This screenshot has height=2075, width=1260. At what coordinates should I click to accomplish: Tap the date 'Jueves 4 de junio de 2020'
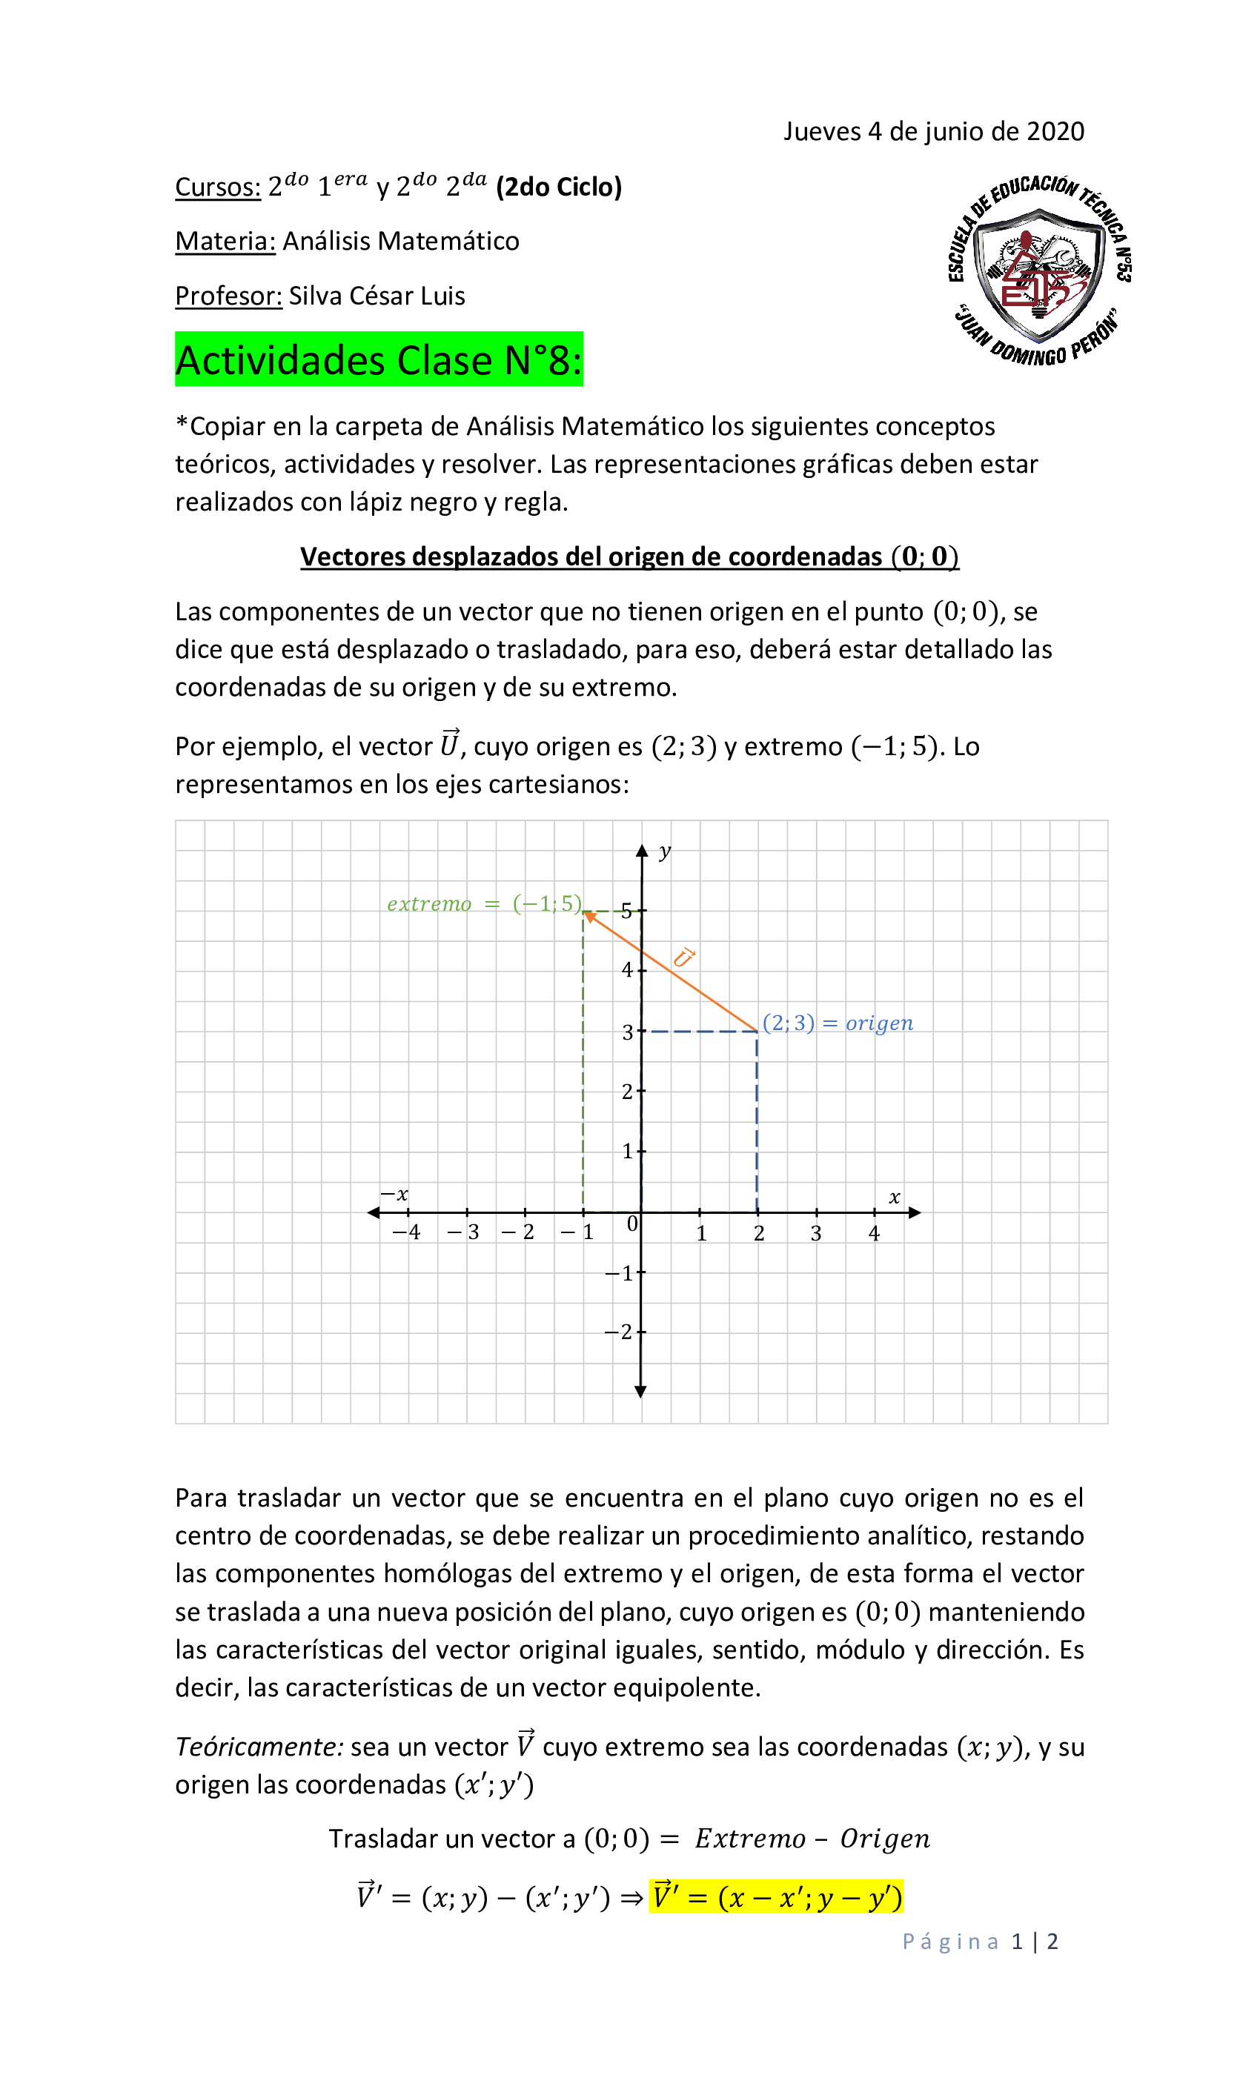point(933,131)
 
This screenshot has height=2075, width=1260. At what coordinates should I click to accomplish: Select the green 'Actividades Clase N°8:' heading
point(378,359)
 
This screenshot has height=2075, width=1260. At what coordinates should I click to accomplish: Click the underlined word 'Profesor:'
point(228,296)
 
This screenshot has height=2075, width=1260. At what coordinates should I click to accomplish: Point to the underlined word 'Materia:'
point(225,241)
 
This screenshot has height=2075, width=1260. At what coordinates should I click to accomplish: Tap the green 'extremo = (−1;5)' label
point(483,903)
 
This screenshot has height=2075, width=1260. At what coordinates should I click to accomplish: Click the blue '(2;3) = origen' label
point(838,1023)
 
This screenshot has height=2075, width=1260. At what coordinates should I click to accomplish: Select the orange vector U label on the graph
point(683,957)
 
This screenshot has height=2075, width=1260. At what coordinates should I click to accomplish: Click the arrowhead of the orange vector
point(589,915)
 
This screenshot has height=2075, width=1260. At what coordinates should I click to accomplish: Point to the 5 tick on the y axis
point(626,910)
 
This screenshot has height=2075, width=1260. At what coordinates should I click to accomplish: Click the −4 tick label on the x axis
point(406,1232)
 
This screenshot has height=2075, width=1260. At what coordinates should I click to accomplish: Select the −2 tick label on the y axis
point(619,1332)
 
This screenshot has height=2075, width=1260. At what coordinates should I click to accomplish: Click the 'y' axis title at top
point(665,851)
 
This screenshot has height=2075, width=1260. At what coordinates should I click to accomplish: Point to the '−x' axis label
point(394,1194)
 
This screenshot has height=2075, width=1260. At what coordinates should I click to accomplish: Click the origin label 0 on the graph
point(631,1224)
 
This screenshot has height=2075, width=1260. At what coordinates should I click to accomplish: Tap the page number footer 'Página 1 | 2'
point(980,1941)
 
